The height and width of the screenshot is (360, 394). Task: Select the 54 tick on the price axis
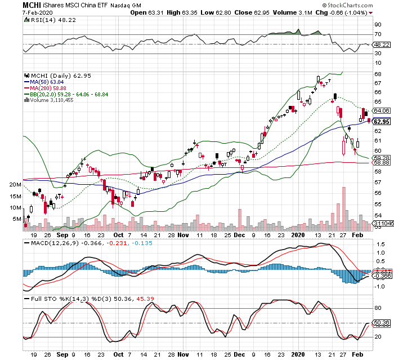pos(378,216)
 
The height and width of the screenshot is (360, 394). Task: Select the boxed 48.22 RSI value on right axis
pos(383,44)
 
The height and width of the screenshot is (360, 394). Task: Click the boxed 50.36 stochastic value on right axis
pos(383,323)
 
